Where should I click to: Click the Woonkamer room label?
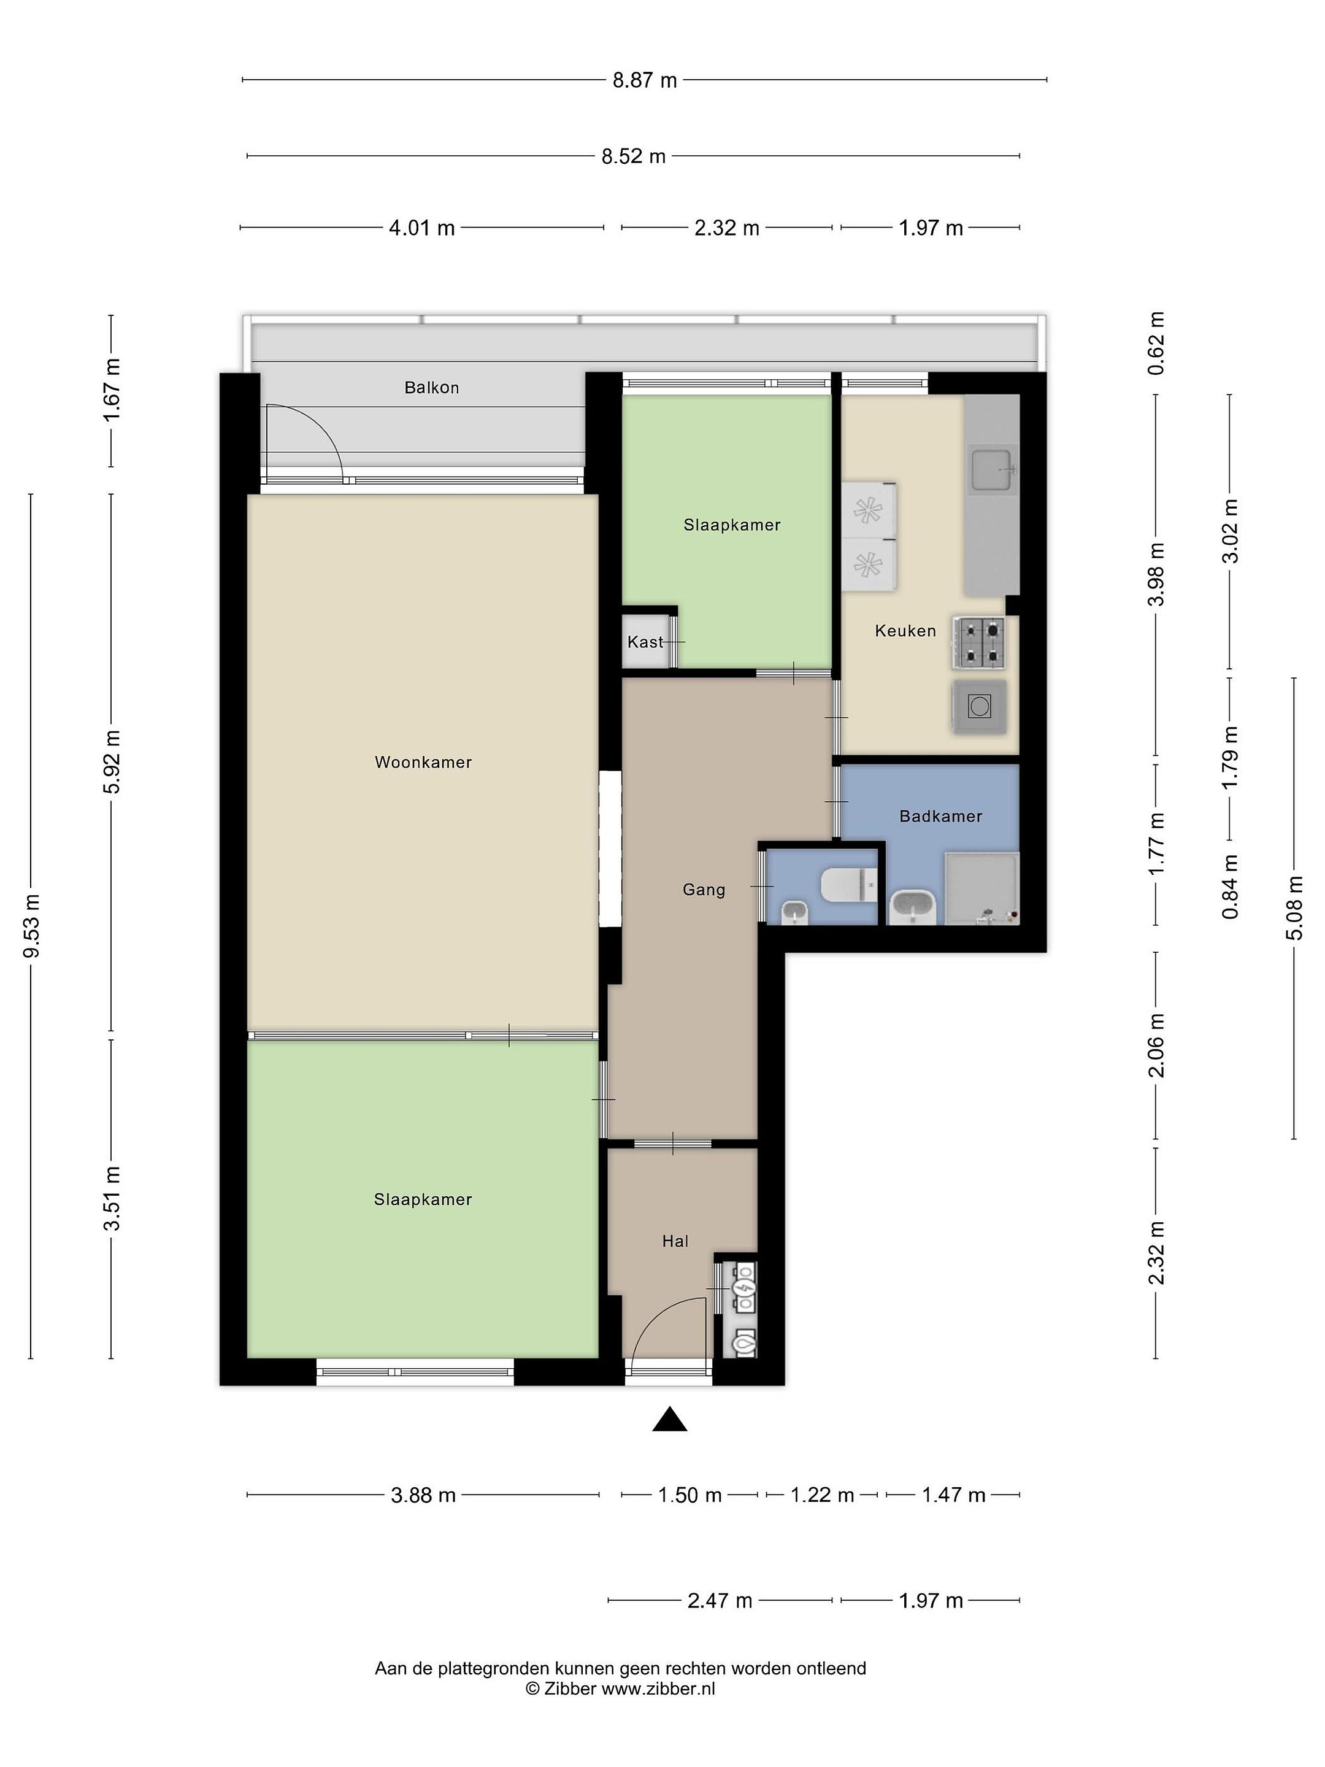(x=423, y=762)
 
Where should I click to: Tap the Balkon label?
(x=431, y=387)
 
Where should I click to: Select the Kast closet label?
(x=645, y=641)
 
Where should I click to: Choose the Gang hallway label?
(x=704, y=889)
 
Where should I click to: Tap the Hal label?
(x=675, y=1241)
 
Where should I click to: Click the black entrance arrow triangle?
(x=670, y=1419)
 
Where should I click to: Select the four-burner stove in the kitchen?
(x=978, y=642)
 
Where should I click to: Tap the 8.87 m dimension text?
(x=645, y=80)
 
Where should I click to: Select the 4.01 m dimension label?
(x=421, y=228)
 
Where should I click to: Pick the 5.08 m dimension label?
(x=1294, y=908)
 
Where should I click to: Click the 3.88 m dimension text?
(x=423, y=1495)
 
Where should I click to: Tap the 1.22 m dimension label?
(x=822, y=1495)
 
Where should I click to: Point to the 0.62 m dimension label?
(x=1156, y=344)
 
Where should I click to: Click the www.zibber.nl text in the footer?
(x=658, y=1688)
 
